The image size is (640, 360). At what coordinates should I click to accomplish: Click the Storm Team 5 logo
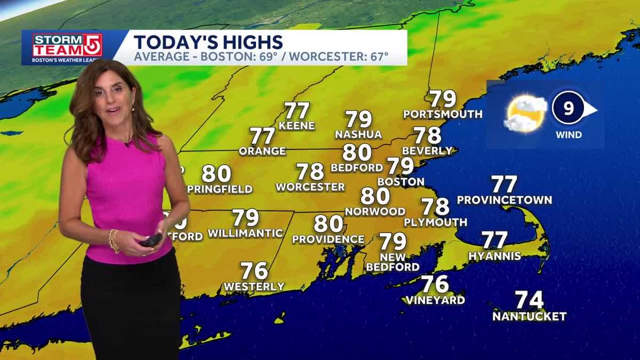tap(67, 46)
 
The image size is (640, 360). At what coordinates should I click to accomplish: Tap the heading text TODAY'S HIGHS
tap(208, 42)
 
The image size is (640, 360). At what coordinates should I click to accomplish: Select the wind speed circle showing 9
tap(569, 109)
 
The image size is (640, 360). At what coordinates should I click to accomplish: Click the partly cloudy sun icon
tap(525, 114)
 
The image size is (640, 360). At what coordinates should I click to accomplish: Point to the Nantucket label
tap(529, 317)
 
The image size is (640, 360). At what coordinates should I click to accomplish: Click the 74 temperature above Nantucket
tap(529, 300)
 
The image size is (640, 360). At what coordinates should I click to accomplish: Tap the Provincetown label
tap(505, 201)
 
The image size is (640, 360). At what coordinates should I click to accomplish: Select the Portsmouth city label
tap(443, 114)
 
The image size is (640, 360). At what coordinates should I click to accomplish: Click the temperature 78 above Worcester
tap(310, 172)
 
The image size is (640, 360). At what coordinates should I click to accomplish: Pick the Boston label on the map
tap(401, 182)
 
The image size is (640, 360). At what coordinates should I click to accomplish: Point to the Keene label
tap(297, 126)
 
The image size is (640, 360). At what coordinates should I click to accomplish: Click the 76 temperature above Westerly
tap(254, 271)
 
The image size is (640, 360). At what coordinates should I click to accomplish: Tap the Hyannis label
tap(494, 257)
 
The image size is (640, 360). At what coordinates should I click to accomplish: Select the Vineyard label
tap(435, 300)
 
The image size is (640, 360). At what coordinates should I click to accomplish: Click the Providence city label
tap(328, 240)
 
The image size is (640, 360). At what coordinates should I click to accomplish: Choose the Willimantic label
tap(245, 234)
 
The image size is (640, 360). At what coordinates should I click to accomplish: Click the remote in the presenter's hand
tap(151, 240)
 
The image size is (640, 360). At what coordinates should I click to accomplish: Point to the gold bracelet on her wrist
tap(113, 241)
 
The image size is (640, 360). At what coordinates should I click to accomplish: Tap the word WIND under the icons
tap(569, 135)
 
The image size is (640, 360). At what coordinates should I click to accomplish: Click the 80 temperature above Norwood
tap(375, 196)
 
